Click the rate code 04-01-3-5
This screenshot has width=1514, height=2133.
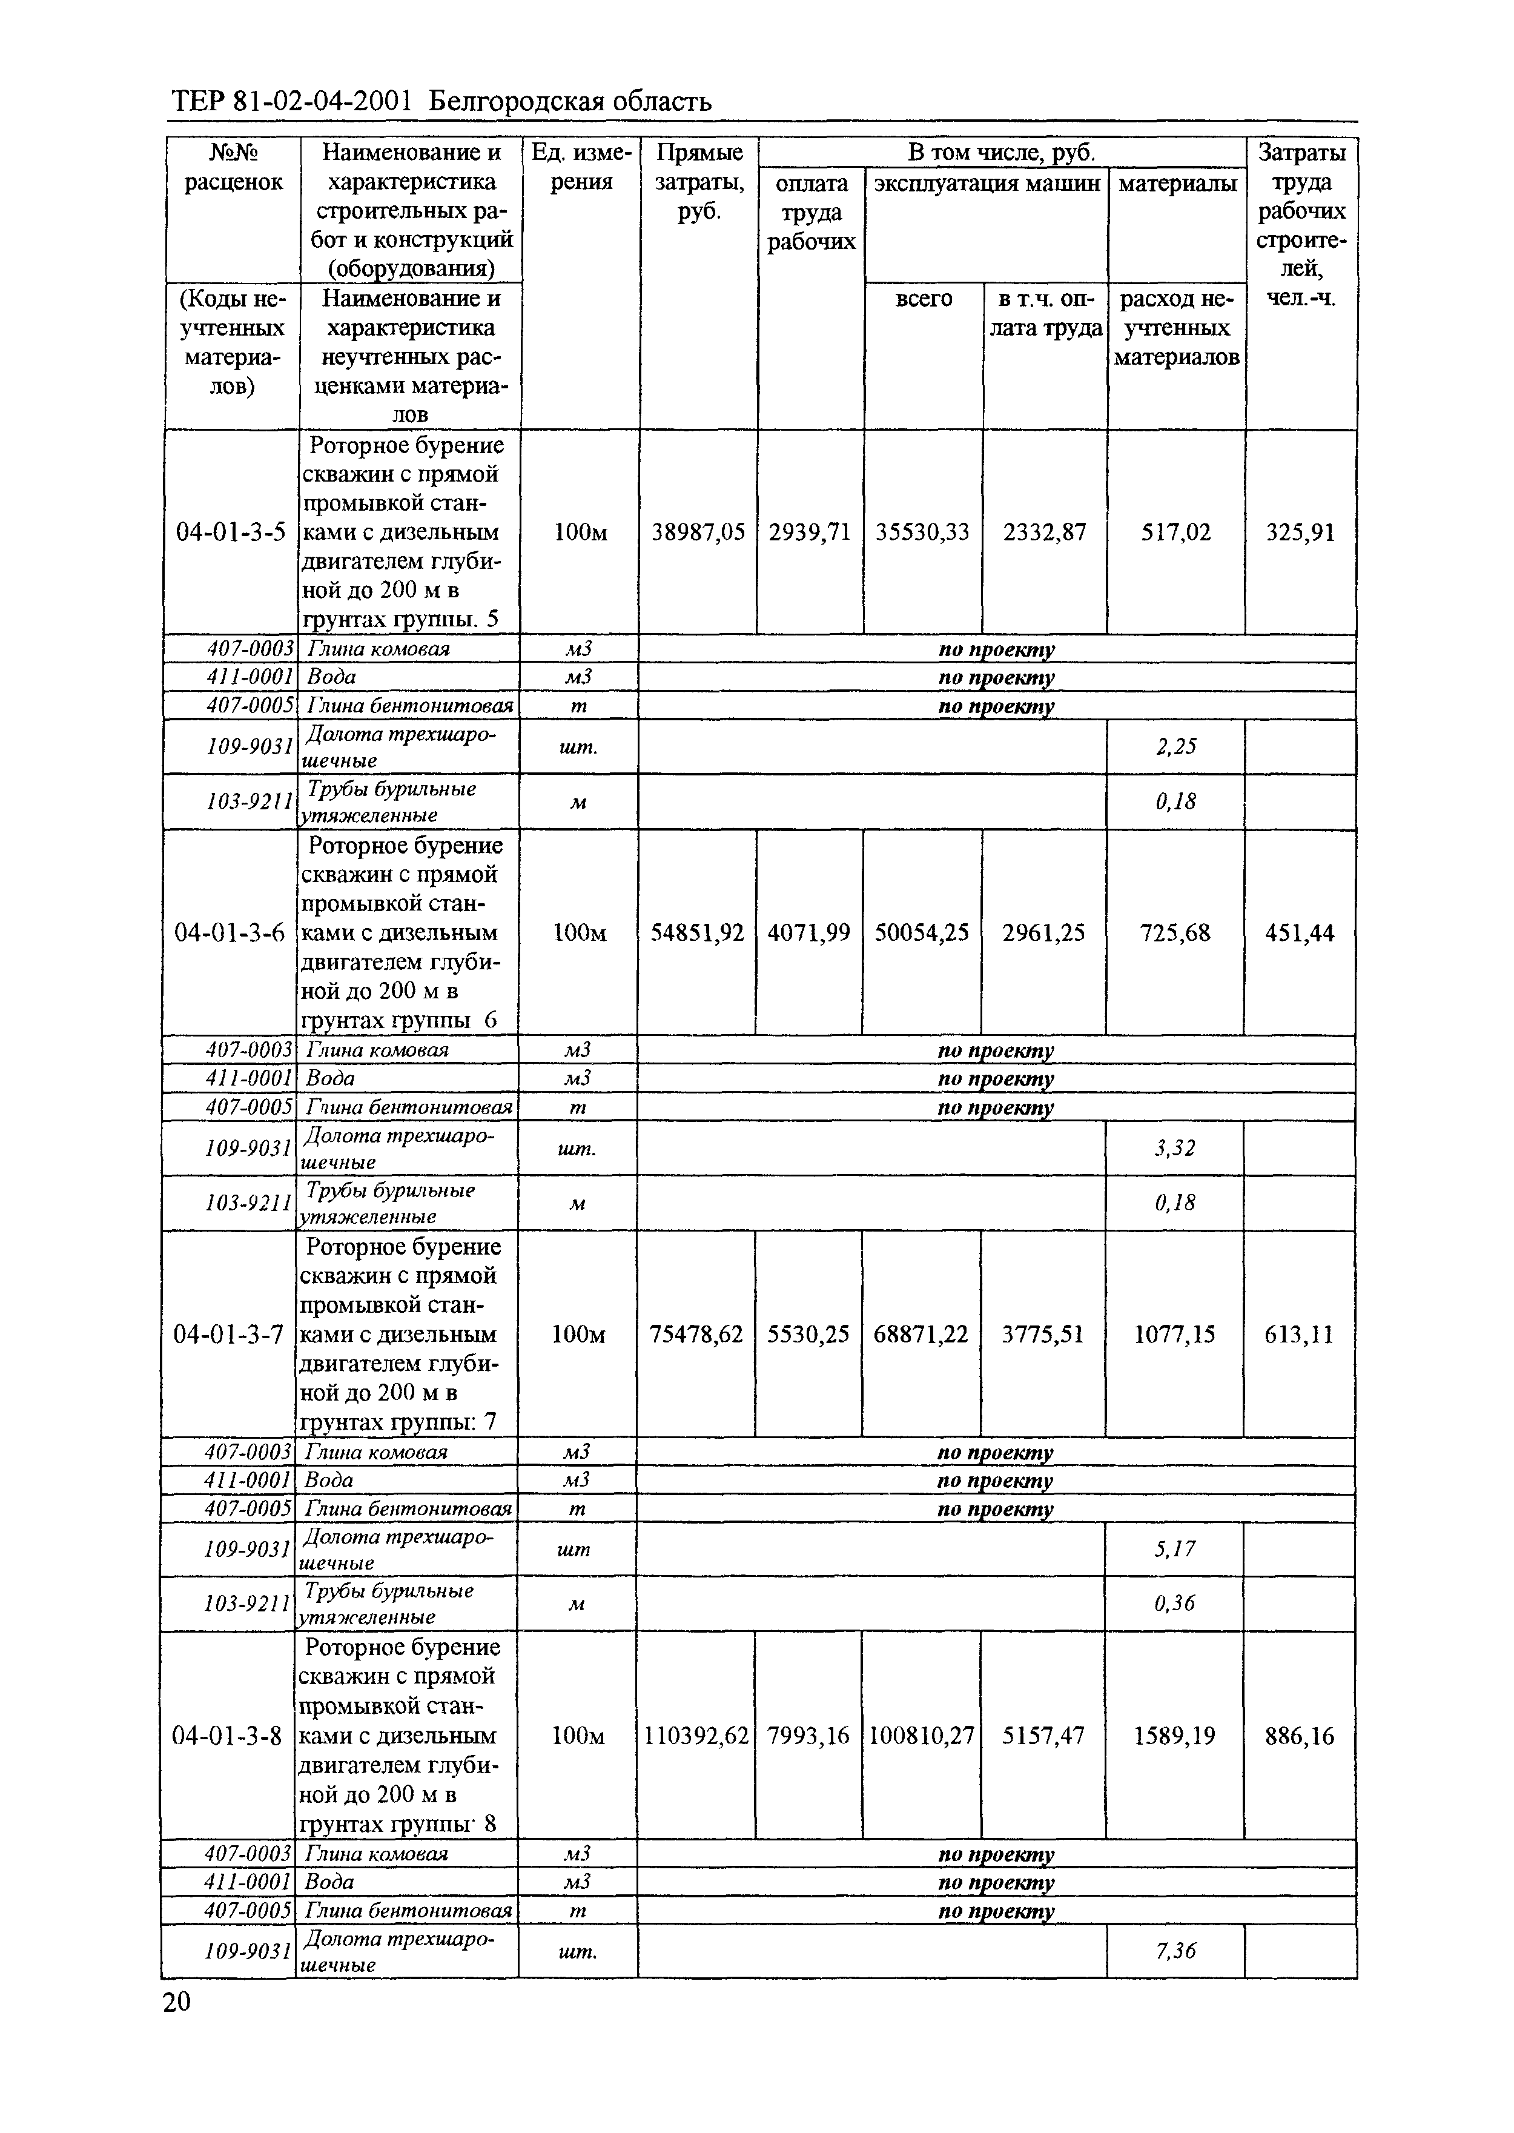coord(231,532)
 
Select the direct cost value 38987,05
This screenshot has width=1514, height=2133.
coord(698,532)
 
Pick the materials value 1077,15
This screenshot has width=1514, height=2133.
coord(1175,1335)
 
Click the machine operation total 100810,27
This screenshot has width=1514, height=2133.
coord(921,1737)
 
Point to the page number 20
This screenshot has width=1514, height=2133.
coord(176,2002)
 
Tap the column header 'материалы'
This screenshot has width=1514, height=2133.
coord(1177,184)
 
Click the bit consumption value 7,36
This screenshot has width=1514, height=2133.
coord(1175,1951)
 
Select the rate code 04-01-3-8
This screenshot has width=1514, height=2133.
coord(228,1737)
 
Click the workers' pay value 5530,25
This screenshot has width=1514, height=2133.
coord(808,1335)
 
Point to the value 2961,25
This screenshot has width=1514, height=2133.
coord(1043,933)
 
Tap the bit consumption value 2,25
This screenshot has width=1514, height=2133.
coord(1175,747)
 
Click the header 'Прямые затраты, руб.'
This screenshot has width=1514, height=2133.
coord(698,182)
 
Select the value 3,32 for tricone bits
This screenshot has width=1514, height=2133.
coord(1175,1148)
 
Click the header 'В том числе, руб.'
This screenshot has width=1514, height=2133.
coord(1001,153)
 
